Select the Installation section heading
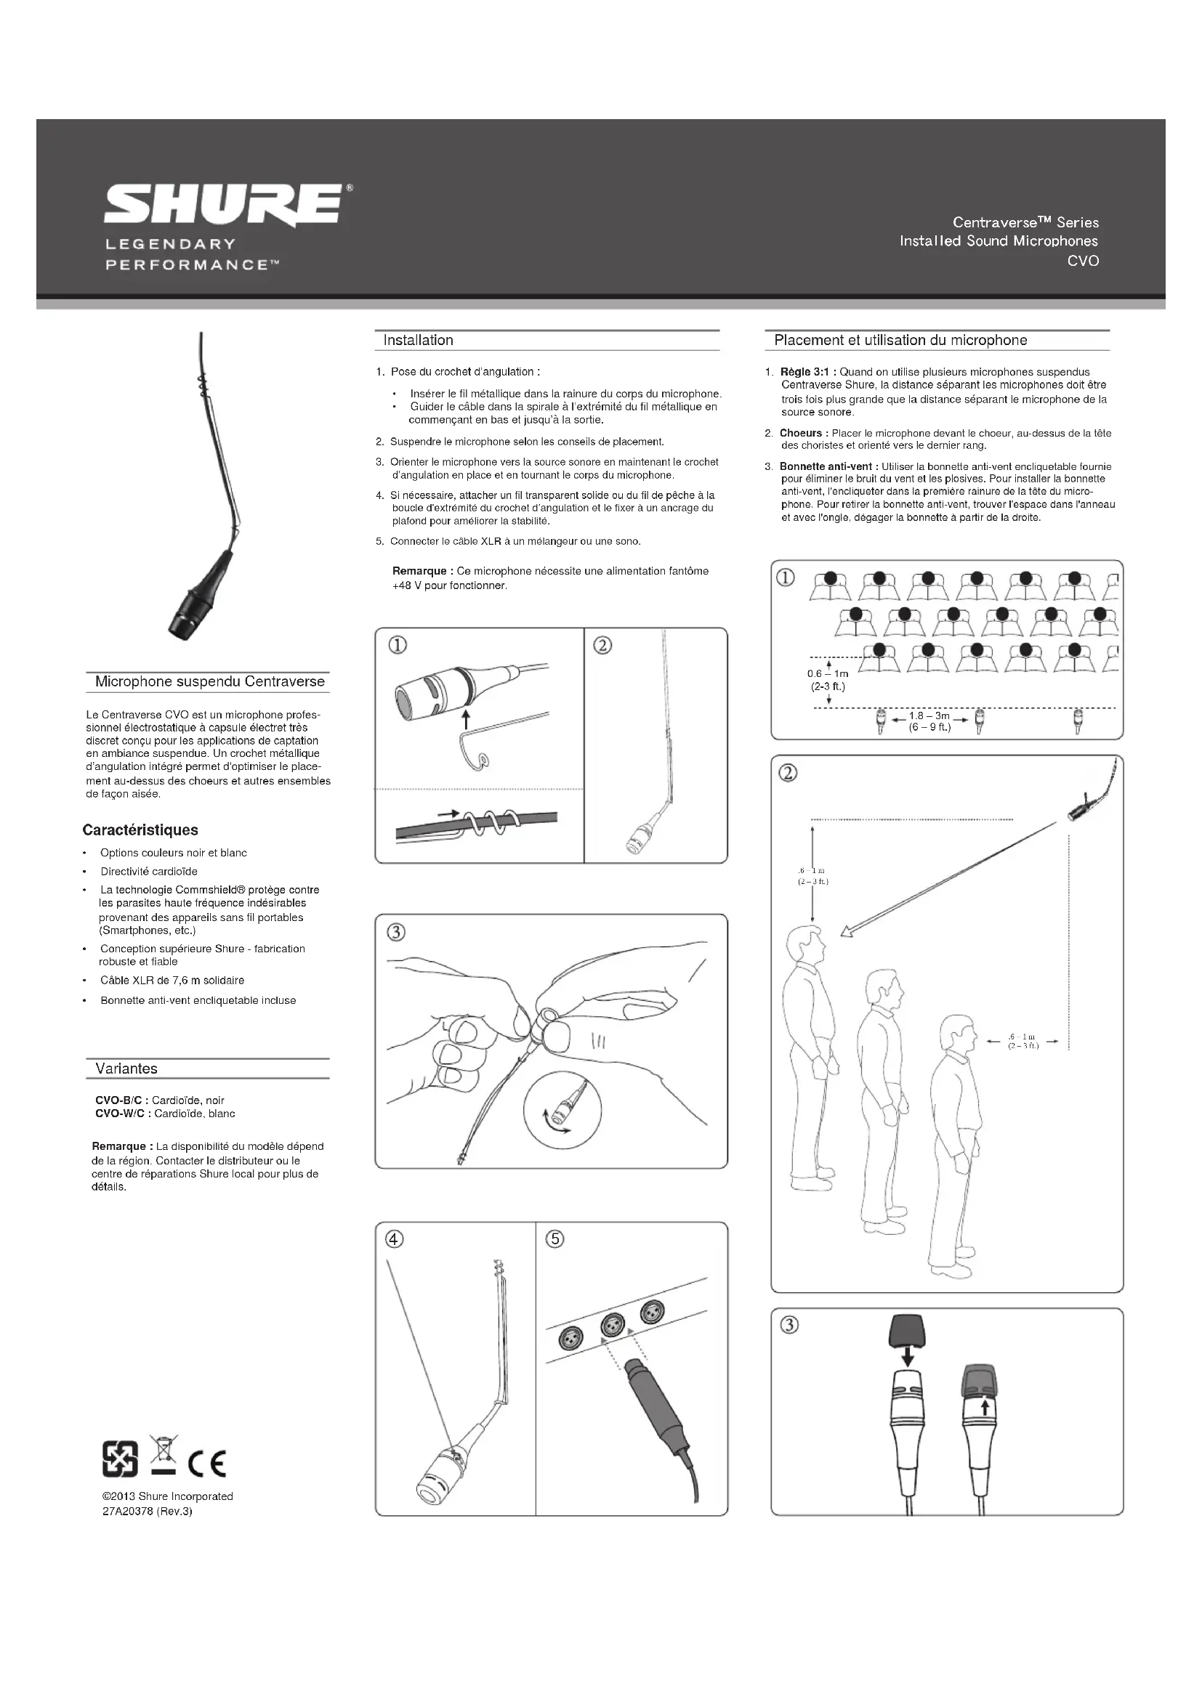pyautogui.click(x=418, y=341)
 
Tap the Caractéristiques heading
pyautogui.click(x=140, y=830)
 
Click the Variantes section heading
pyautogui.click(x=126, y=1069)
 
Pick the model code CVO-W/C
pyautogui.click(x=121, y=1114)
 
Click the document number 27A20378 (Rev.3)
pyautogui.click(x=148, y=1511)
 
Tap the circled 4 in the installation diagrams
pyautogui.click(x=395, y=1238)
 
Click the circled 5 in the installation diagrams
pyautogui.click(x=554, y=1238)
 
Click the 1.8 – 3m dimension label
pyautogui.click(x=929, y=716)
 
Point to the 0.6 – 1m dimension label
pyautogui.click(x=828, y=674)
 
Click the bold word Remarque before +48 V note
pyautogui.click(x=419, y=571)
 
